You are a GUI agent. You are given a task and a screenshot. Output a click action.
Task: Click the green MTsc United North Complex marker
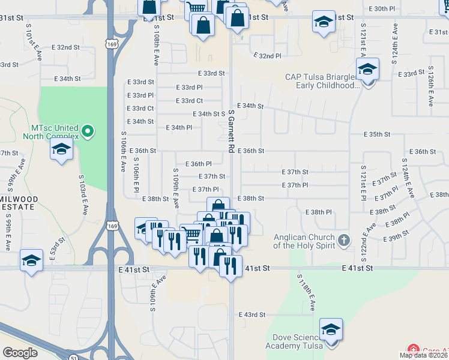[x=88, y=130]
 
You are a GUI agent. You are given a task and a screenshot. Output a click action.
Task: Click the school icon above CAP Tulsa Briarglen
[x=367, y=70]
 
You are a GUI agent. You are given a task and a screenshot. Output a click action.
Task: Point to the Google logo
[x=20, y=353]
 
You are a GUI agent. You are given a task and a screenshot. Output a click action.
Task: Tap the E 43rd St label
[x=252, y=314]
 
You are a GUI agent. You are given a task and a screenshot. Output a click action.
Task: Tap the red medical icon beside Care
[x=413, y=350]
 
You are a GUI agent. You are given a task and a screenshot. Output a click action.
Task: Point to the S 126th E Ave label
[x=430, y=86]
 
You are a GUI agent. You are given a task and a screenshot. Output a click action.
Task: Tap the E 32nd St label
[x=66, y=47]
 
